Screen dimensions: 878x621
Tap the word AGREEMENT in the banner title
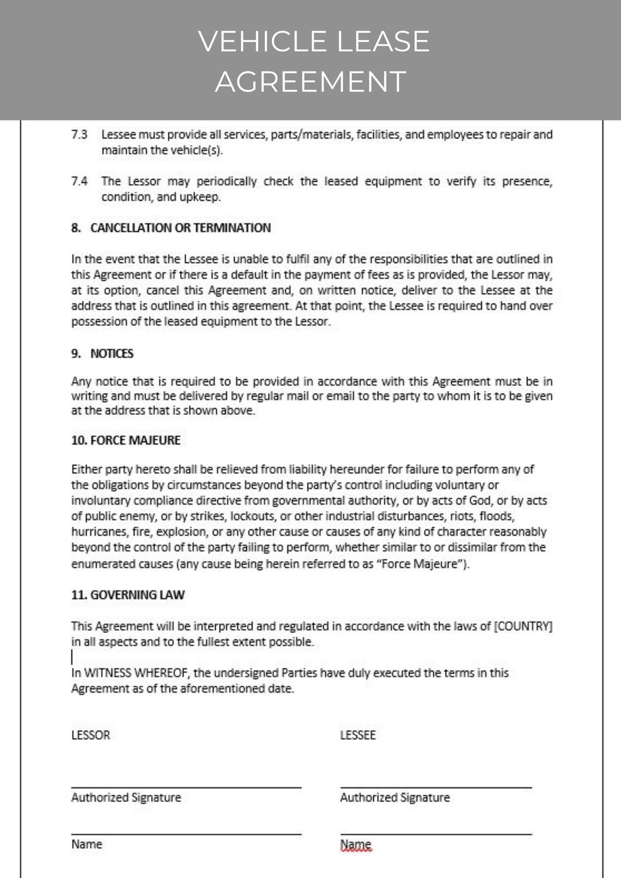tap(310, 82)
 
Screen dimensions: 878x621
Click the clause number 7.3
tap(79, 135)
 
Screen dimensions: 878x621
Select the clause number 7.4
tap(79, 181)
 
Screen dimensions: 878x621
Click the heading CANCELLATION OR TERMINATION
tap(180, 228)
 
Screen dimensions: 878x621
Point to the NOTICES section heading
tap(112, 354)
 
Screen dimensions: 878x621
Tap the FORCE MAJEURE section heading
tap(135, 440)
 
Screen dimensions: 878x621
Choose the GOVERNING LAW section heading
tap(137, 595)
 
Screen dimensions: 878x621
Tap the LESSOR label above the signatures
tap(90, 735)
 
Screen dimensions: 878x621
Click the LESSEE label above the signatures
tap(358, 735)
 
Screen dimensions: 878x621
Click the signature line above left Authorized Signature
tap(186, 788)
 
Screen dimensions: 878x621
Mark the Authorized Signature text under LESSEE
tap(395, 798)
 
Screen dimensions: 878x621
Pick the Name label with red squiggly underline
tap(356, 845)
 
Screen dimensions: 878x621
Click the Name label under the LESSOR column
tap(87, 844)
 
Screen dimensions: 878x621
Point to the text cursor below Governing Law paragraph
tap(72, 657)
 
